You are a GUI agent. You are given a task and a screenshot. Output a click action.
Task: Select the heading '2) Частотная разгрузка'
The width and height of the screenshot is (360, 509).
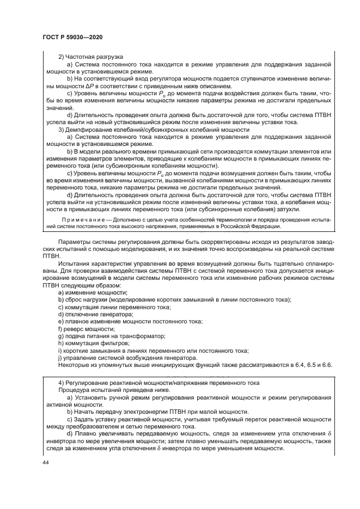(x=90, y=57)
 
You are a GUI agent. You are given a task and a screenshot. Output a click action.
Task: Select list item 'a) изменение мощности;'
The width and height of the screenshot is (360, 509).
(x=93, y=293)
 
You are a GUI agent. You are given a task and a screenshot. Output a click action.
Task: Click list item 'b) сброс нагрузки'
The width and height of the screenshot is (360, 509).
(x=174, y=300)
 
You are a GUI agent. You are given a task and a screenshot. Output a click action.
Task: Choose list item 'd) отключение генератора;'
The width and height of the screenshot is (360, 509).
(x=95, y=315)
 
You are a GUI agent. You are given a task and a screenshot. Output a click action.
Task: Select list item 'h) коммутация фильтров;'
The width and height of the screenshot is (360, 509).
(x=94, y=344)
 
